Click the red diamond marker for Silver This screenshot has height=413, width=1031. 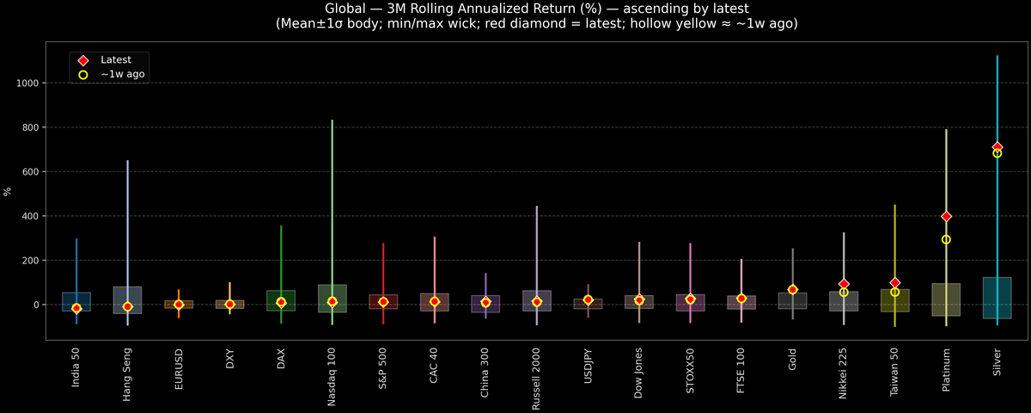(997, 147)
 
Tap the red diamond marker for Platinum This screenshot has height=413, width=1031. (946, 216)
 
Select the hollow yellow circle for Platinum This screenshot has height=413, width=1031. (946, 239)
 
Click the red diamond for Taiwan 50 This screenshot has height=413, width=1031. (894, 282)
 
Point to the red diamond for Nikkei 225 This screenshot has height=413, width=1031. (844, 284)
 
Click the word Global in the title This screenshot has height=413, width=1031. (350, 9)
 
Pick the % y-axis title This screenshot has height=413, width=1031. (8, 191)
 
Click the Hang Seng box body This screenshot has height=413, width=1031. (127, 300)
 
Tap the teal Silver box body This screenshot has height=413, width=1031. (997, 298)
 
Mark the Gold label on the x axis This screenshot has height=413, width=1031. (792, 361)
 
